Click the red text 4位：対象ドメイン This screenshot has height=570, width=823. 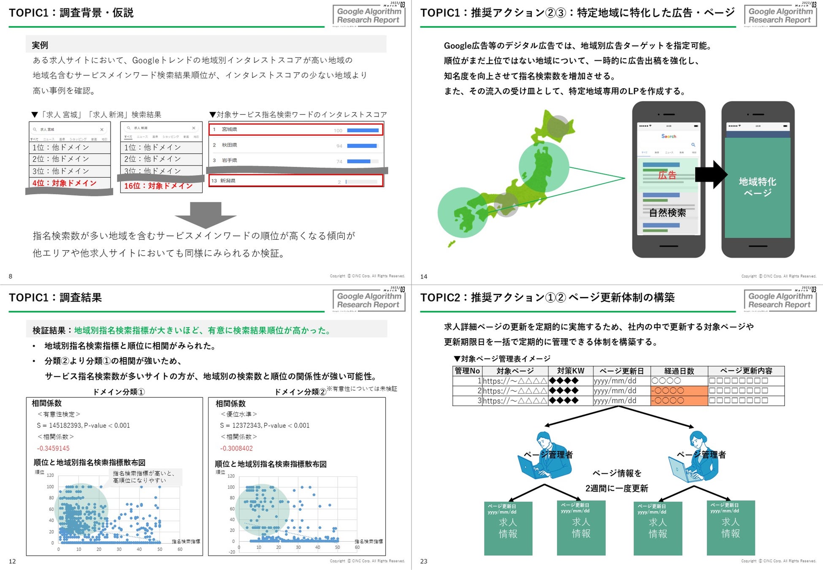pyautogui.click(x=65, y=183)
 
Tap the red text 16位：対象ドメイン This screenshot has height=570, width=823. pyautogui.click(x=158, y=186)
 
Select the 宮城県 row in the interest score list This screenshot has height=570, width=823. pyautogui.click(x=295, y=130)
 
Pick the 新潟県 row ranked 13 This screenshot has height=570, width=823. pyautogui.click(x=295, y=181)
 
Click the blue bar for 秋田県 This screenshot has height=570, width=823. pyautogui.click(x=362, y=146)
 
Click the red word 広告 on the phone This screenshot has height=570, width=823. pyautogui.click(x=667, y=175)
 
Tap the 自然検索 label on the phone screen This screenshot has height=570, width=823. pyautogui.click(x=667, y=213)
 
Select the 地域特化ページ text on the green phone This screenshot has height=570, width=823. pyautogui.click(x=758, y=187)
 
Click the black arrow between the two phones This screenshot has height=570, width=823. pyautogui.click(x=711, y=174)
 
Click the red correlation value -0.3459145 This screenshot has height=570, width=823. pyautogui.click(x=53, y=448)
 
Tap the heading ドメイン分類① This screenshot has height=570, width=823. pyautogui.click(x=119, y=392)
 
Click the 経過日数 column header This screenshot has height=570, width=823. pyautogui.click(x=679, y=371)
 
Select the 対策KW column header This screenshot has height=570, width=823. pyautogui.click(x=571, y=371)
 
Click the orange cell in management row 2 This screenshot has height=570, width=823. pyautogui.click(x=679, y=391)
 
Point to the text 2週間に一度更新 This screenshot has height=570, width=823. pyautogui.click(x=617, y=489)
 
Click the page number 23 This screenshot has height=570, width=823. pyautogui.click(x=424, y=561)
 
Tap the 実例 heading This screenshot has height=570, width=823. pyautogui.click(x=40, y=45)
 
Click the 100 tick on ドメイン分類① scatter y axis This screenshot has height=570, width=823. pyautogui.click(x=50, y=487)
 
